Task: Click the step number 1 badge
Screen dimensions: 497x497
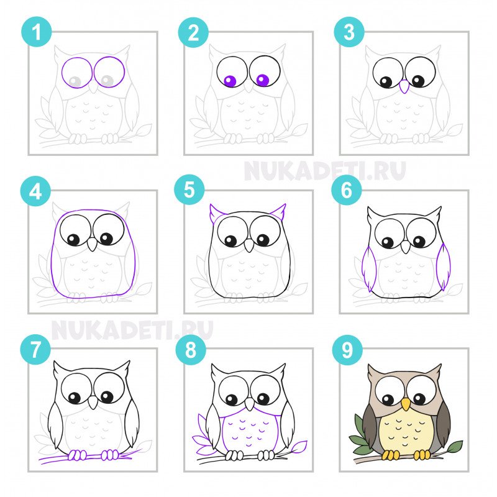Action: coord(37,32)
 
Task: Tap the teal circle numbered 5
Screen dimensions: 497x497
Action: coord(189,189)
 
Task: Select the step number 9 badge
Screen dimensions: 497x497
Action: coord(347,350)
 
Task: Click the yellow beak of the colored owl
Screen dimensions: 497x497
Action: coord(406,404)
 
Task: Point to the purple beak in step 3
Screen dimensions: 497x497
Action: coord(404,86)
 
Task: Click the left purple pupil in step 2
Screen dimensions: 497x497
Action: coord(230,81)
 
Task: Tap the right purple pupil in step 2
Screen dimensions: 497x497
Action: coord(262,80)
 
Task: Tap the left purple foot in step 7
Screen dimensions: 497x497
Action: coord(77,455)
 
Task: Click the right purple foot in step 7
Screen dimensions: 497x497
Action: coord(110,455)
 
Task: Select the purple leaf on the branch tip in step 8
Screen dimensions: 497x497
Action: coord(299,446)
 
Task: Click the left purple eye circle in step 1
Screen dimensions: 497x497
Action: coord(77,73)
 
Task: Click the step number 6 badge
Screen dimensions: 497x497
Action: coord(347,190)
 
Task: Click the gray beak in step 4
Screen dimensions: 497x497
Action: coord(92,244)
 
